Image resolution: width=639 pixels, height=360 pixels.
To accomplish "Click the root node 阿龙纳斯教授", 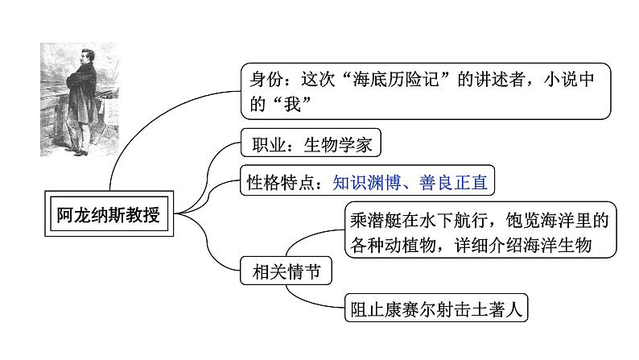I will [x=109, y=215].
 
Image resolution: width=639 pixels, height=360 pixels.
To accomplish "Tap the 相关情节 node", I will [x=287, y=271].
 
